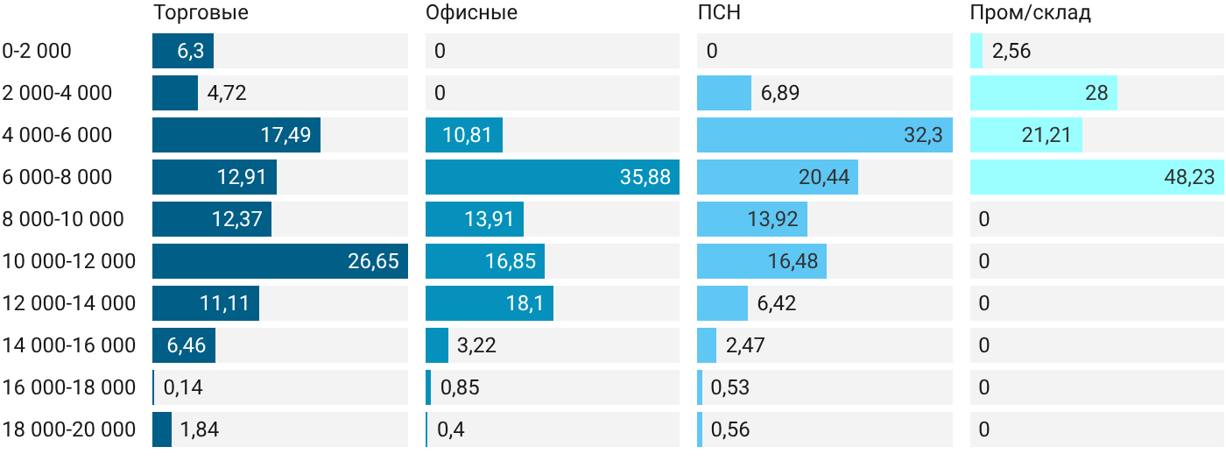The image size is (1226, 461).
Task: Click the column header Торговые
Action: pyautogui.click(x=201, y=12)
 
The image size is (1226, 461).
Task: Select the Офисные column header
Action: pyautogui.click(x=471, y=12)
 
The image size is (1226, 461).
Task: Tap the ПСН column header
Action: pyautogui.click(x=719, y=12)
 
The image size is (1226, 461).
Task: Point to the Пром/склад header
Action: pyautogui.click(x=1031, y=13)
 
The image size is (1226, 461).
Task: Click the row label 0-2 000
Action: pyautogui.click(x=37, y=51)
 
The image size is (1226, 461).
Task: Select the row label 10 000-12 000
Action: pyautogui.click(x=69, y=261)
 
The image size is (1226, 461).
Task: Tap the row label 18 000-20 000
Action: pyautogui.click(x=69, y=429)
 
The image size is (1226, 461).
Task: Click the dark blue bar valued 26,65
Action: pyautogui.click(x=280, y=261)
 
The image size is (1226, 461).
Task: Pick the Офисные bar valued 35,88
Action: pyautogui.click(x=553, y=177)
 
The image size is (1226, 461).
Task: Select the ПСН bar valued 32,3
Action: pyautogui.click(x=825, y=135)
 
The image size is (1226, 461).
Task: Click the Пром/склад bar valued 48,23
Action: pyautogui.click(x=1097, y=177)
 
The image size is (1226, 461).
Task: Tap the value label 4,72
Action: pyautogui.click(x=227, y=93)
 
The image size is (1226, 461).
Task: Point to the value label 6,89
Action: pyautogui.click(x=780, y=93)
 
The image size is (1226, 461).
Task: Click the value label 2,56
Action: pyautogui.click(x=1011, y=51)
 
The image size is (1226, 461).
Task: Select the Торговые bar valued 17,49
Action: pyautogui.click(x=236, y=135)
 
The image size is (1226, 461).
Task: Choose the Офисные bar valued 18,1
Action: pyautogui.click(x=490, y=303)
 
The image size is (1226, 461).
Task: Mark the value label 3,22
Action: pyautogui.click(x=476, y=345)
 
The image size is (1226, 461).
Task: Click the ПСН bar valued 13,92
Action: pyautogui.click(x=752, y=219)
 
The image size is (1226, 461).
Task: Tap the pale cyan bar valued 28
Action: pyautogui.click(x=1044, y=93)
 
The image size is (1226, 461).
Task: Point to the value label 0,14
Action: pyautogui.click(x=183, y=387)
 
